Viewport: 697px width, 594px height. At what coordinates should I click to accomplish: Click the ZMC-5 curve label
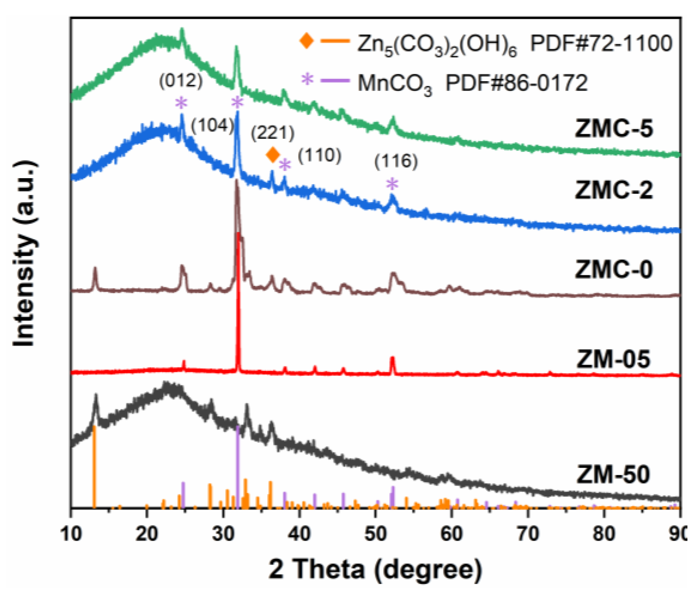pyautogui.click(x=614, y=129)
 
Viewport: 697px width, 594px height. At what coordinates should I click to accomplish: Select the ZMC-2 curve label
pyautogui.click(x=614, y=190)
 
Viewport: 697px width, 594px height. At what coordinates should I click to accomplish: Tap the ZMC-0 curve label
pyautogui.click(x=614, y=269)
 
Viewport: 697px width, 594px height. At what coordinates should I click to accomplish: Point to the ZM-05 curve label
pyautogui.click(x=614, y=359)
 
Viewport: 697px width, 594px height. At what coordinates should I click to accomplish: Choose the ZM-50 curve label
pyautogui.click(x=614, y=474)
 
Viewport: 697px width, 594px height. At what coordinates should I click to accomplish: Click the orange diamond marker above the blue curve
pyautogui.click(x=273, y=154)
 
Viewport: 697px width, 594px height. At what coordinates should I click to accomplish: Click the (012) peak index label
pyautogui.click(x=181, y=81)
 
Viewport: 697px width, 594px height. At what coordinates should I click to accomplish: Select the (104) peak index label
pyautogui.click(x=212, y=126)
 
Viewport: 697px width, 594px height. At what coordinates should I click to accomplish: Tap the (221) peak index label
pyautogui.click(x=273, y=133)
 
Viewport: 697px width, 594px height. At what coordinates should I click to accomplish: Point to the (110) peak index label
pyautogui.click(x=320, y=155)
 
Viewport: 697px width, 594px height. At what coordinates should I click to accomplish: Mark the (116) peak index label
pyautogui.click(x=396, y=161)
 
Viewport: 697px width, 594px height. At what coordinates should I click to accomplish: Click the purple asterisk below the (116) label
pyautogui.click(x=392, y=184)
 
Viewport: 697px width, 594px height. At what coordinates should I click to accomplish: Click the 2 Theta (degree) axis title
pyautogui.click(x=375, y=569)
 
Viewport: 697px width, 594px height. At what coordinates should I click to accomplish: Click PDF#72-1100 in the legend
pyautogui.click(x=601, y=43)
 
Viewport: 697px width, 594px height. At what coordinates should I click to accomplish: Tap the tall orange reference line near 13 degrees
pyautogui.click(x=94, y=466)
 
